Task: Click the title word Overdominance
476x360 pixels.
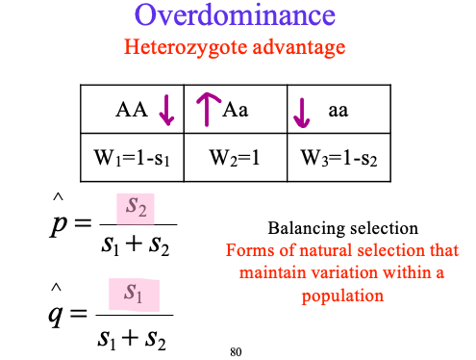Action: [235, 16]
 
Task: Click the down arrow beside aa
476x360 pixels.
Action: [303, 112]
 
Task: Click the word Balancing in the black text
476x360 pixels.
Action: [300, 229]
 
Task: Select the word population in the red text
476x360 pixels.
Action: [342, 296]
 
